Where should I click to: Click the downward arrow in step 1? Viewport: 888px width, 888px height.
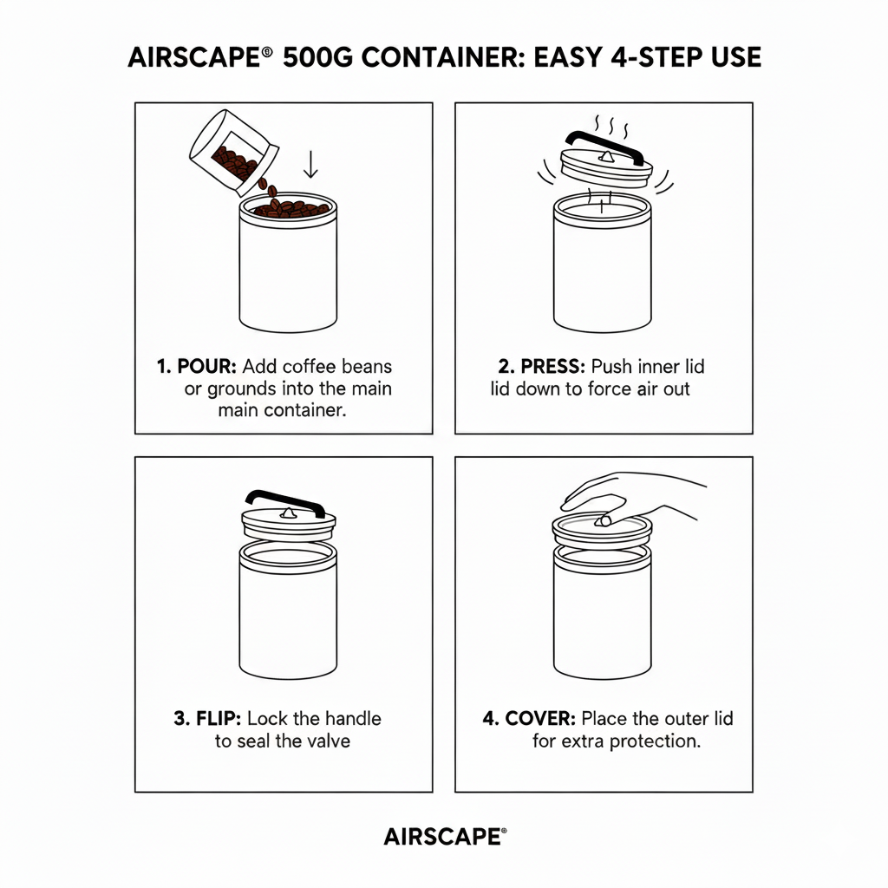click(311, 162)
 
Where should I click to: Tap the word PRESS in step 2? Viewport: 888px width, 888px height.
click(532, 366)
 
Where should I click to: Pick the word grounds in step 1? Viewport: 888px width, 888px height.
click(242, 388)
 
